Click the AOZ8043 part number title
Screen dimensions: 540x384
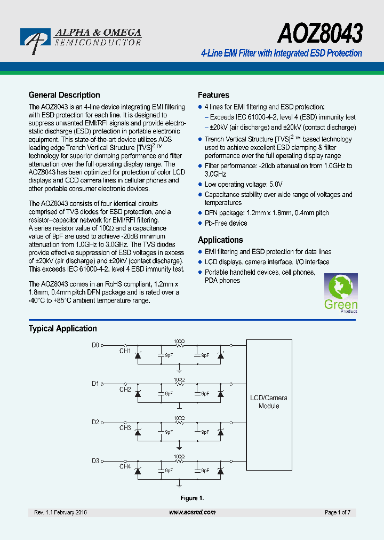pos(320,33)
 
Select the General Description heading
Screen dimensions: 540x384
pos(64,95)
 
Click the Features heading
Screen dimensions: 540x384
pos(213,95)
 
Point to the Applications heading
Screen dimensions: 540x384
pos(220,240)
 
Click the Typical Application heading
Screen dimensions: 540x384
pos(63,329)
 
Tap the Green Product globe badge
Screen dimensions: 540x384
pos(341,293)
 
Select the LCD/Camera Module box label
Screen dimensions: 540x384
pos(269,402)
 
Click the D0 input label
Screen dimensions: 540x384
pos(95,345)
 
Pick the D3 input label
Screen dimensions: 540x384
pos(95,460)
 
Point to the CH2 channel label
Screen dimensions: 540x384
pos(125,390)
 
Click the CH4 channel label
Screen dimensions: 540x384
pos(125,467)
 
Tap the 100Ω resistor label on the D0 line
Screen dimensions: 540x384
pos(179,340)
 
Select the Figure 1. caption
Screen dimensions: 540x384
pos(192,498)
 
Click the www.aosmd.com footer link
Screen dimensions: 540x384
pos(192,512)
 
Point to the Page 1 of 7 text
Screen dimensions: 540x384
pos(337,512)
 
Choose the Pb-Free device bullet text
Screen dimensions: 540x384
pos(226,223)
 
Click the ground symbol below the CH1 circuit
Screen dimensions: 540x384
pos(179,369)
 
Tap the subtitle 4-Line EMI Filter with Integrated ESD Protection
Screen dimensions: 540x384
pos(281,53)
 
